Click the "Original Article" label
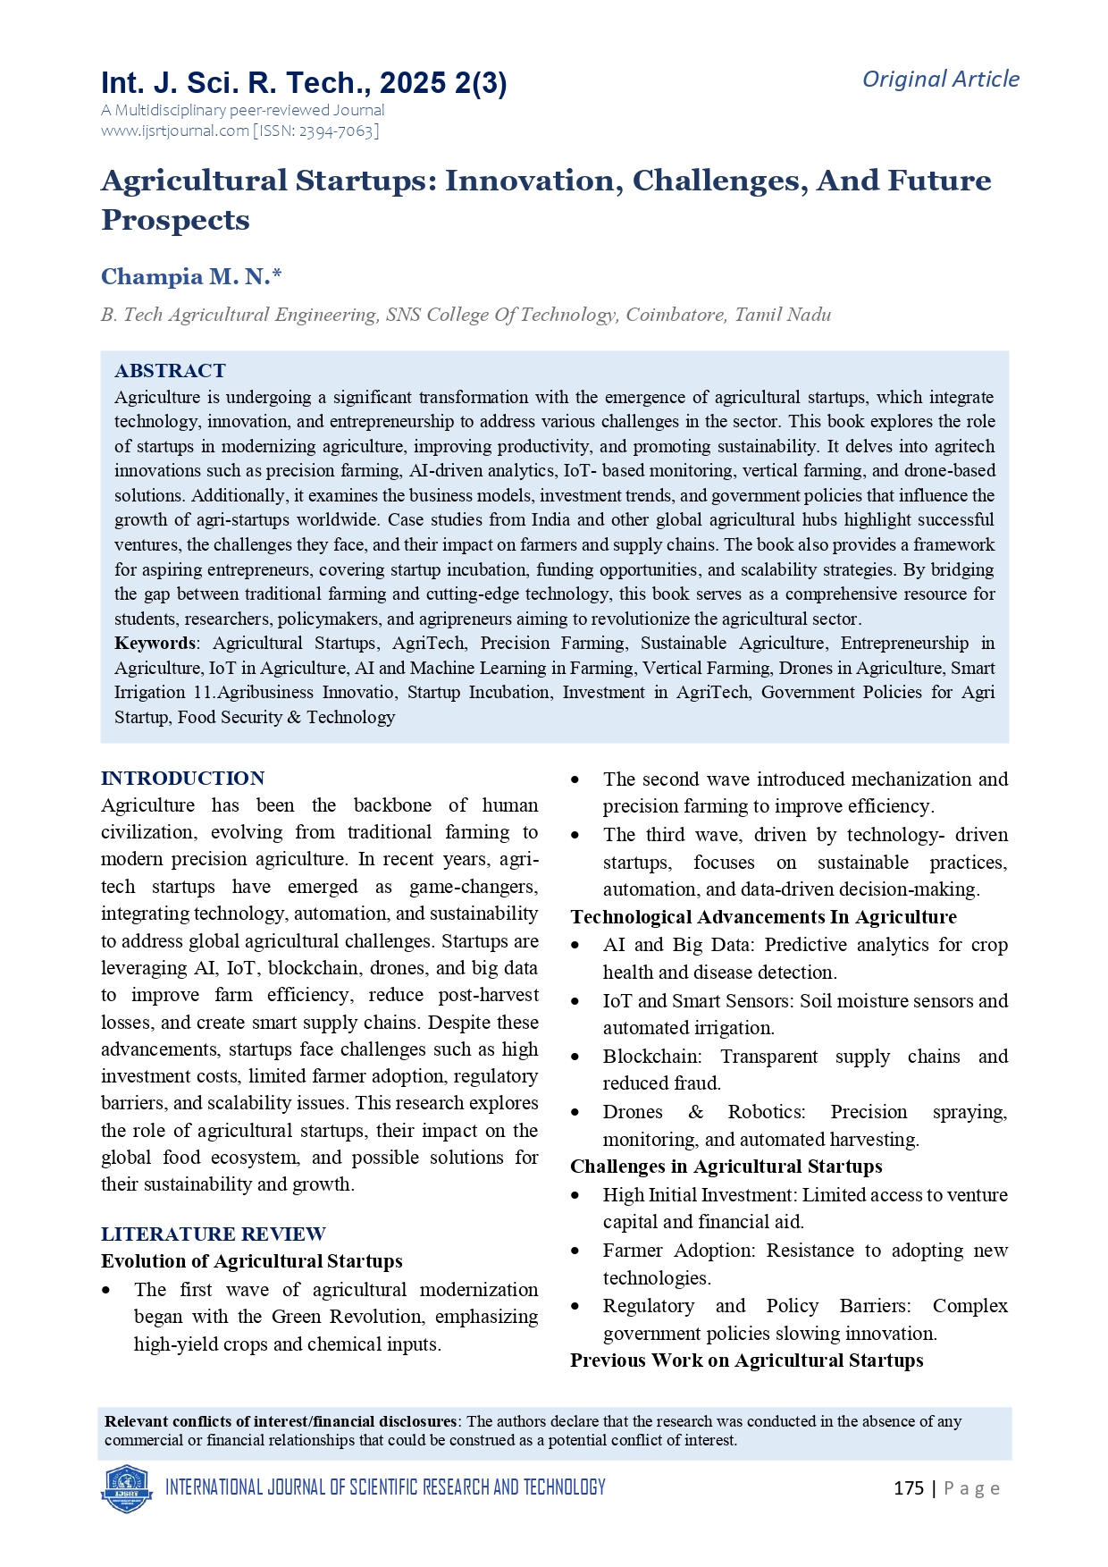[940, 80]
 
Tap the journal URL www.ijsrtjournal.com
[175, 131]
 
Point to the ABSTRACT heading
[170, 371]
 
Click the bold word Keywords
[155, 644]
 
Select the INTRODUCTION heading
[182, 779]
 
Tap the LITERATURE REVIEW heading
[213, 1234]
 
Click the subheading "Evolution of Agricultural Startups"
[251, 1261]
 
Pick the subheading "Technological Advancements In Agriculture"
[763, 917]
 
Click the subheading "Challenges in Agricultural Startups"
[726, 1167]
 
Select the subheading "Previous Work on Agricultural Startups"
[746, 1361]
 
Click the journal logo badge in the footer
[127, 1488]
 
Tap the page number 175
[908, 1488]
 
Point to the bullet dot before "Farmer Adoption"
[576, 1251]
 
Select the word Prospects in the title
[175, 220]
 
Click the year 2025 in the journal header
[412, 83]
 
